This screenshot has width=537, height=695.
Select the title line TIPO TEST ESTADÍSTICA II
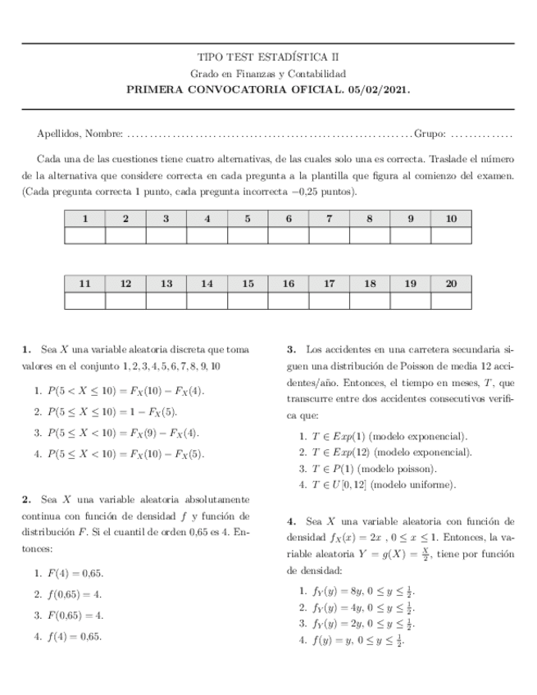click(x=268, y=57)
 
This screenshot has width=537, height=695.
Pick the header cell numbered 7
click(x=329, y=219)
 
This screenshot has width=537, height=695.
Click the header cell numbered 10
click(x=451, y=219)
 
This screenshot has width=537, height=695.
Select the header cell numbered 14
click(x=207, y=283)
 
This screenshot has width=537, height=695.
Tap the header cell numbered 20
click(x=451, y=283)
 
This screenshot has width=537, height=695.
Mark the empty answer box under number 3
click(x=166, y=236)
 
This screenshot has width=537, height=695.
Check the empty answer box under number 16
click(x=288, y=300)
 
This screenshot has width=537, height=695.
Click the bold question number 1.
click(x=26, y=349)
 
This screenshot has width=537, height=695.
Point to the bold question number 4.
click(x=291, y=520)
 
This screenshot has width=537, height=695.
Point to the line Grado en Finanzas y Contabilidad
click(x=268, y=74)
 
